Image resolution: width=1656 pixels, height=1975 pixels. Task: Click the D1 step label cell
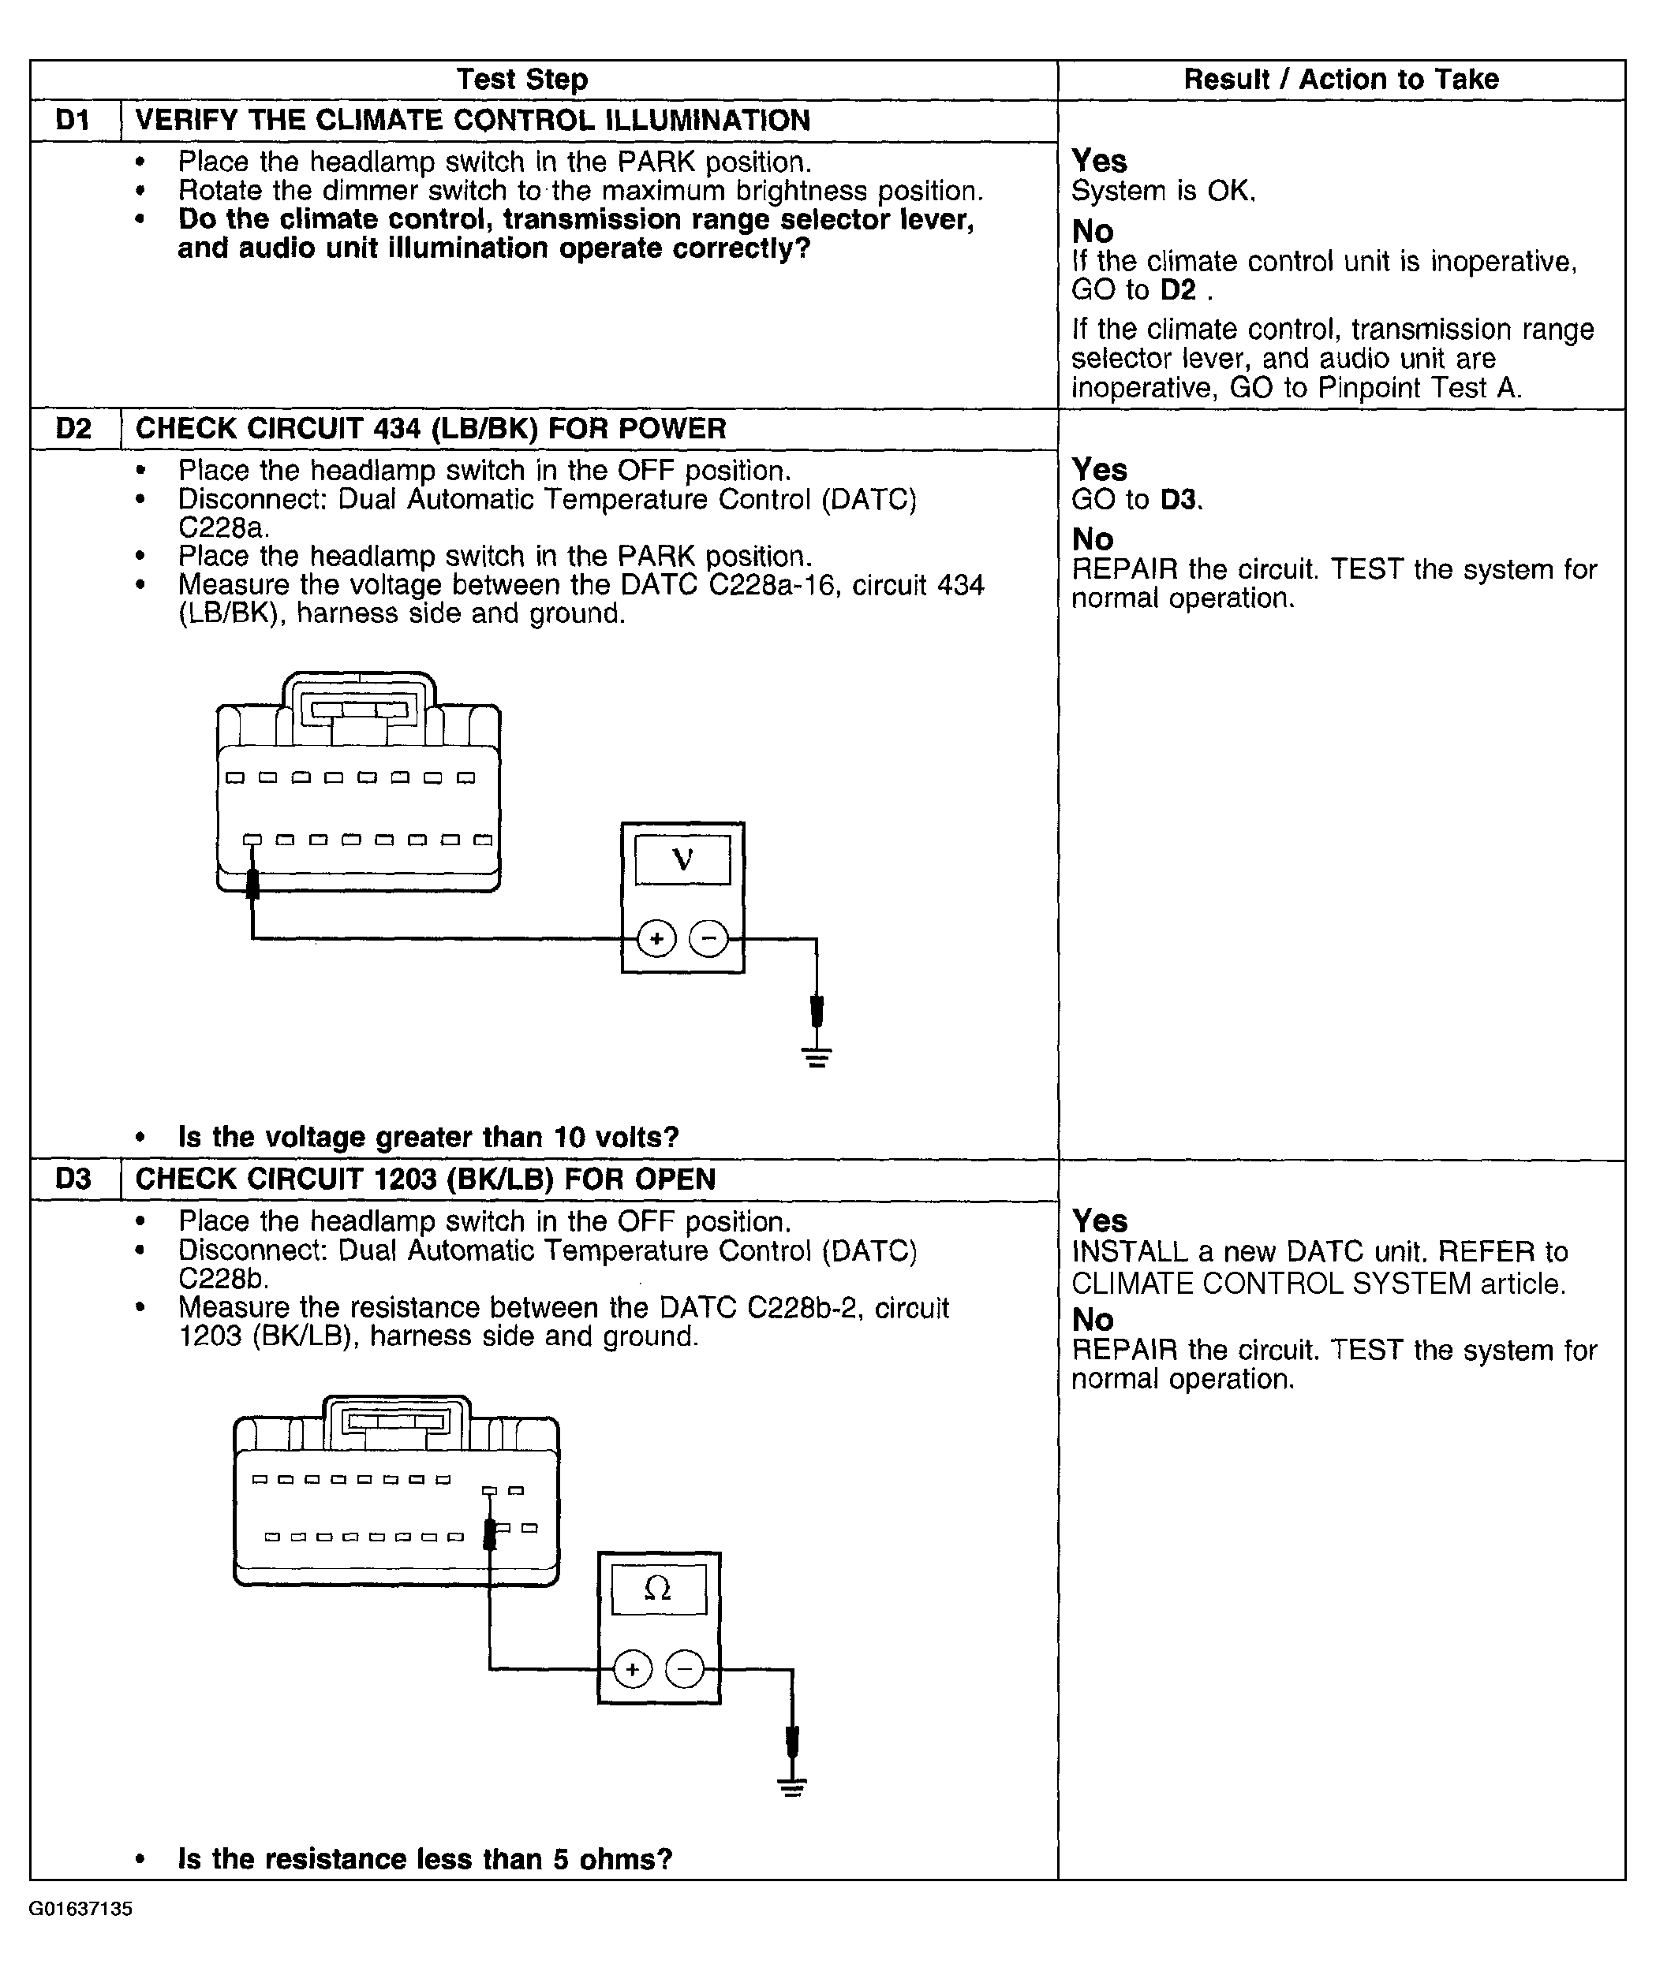75,121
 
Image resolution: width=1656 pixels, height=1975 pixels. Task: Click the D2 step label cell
75,429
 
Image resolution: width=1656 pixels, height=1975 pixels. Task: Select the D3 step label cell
75,1179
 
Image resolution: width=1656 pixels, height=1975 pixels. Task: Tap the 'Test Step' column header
522,80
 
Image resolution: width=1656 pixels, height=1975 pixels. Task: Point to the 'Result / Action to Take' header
1340,80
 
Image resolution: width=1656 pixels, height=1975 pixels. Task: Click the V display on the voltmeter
683,859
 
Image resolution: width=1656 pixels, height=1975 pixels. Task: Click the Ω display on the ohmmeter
658,1589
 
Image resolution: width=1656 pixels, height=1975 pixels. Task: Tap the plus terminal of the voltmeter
656,938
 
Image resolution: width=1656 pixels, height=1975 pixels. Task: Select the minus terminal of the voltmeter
709,938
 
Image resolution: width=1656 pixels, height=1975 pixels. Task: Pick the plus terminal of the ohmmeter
632,1669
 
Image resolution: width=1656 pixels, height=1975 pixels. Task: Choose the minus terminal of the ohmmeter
685,1669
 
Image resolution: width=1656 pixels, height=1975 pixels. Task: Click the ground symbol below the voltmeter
817,1056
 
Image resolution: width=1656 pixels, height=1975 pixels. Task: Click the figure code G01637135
81,1910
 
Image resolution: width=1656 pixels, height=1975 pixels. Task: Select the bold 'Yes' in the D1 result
1099,161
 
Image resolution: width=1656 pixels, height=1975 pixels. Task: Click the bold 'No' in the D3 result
1093,1320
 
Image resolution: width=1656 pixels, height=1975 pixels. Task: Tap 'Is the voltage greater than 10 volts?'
428,1137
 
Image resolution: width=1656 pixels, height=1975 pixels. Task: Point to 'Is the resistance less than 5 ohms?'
425,1858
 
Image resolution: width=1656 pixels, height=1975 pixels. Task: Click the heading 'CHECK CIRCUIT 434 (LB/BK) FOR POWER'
431,429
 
